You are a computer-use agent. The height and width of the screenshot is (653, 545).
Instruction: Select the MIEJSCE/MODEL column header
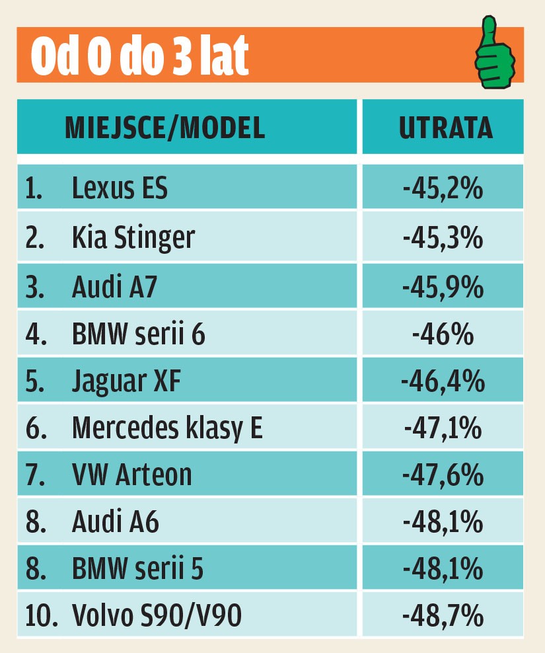pyautogui.click(x=164, y=128)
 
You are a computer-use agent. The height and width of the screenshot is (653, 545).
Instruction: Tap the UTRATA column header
pyautogui.click(x=446, y=128)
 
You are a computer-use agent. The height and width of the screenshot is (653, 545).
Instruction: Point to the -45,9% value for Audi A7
pyautogui.click(x=443, y=288)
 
